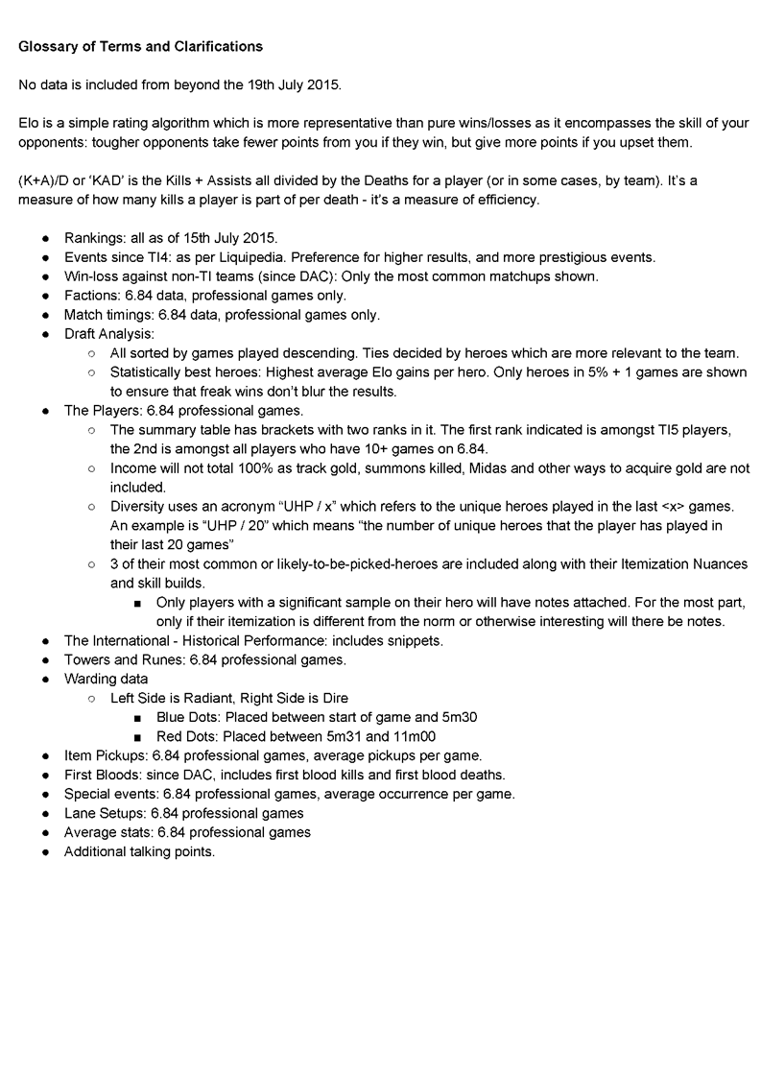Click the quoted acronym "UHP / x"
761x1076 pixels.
pos(307,506)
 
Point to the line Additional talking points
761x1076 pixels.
pos(138,850)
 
